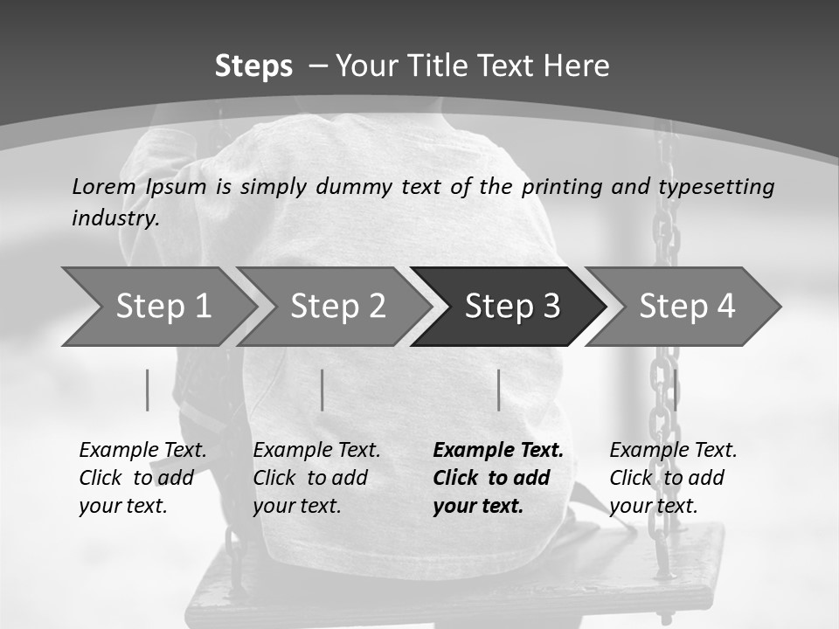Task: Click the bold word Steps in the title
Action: (253, 66)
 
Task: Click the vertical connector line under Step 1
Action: (148, 390)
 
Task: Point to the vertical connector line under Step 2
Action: (322, 390)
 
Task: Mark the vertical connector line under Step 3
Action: (498, 390)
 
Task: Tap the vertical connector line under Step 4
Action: (675, 390)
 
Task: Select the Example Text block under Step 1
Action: (142, 478)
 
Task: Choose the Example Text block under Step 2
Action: (316, 478)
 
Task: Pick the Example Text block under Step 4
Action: (673, 478)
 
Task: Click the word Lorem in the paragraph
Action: (104, 186)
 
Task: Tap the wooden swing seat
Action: (454, 585)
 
